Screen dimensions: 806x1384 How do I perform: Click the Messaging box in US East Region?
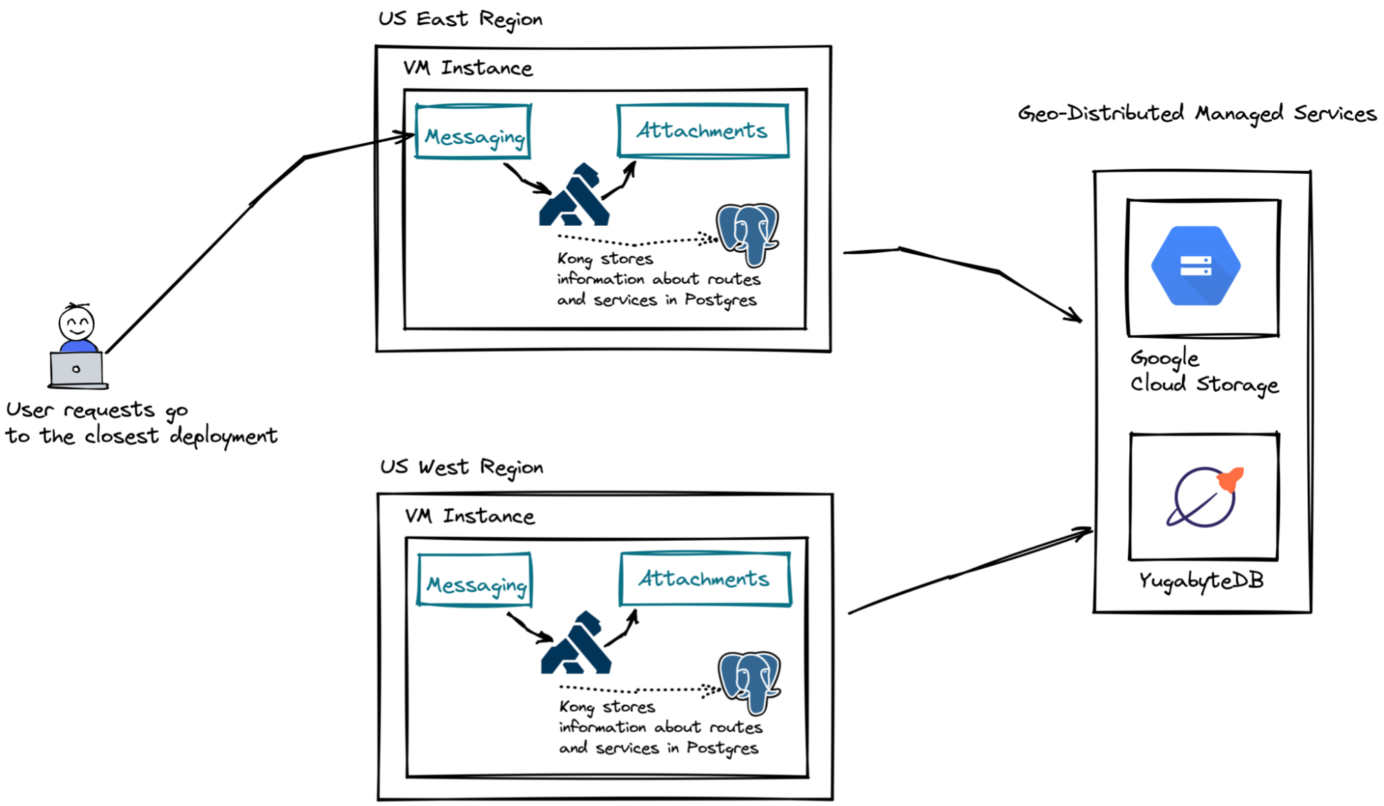click(474, 132)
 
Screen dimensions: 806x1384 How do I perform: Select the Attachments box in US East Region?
click(703, 131)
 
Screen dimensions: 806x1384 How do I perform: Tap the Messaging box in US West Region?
click(475, 580)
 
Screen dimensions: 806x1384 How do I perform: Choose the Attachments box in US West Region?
click(705, 579)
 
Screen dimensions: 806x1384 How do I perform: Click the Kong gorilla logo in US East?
click(574, 197)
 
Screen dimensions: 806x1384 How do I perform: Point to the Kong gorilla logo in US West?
click(576, 644)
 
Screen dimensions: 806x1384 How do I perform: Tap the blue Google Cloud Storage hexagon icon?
click(1196, 266)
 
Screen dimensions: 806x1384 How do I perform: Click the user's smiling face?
click(76, 323)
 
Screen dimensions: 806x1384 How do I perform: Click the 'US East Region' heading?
click(460, 19)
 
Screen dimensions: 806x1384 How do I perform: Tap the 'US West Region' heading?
click(462, 467)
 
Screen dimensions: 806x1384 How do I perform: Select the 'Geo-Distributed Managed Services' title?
click(1197, 114)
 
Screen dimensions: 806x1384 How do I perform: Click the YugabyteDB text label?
click(1201, 581)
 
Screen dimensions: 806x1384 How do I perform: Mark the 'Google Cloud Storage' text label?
click(1203, 372)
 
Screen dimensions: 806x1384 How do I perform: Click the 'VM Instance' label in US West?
click(470, 517)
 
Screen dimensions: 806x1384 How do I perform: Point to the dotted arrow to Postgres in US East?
click(637, 242)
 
